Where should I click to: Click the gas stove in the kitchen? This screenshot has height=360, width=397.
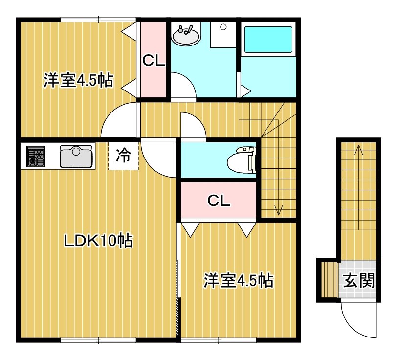pos(36,156)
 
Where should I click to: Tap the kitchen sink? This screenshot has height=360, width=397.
pos(76,157)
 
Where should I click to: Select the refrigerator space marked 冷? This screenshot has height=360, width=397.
pos(124,156)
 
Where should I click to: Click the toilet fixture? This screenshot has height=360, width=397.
pos(242,160)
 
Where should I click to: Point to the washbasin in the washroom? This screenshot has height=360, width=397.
pos(186,35)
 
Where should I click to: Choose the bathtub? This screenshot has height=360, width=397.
pos(268,40)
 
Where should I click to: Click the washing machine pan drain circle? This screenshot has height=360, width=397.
pos(223,27)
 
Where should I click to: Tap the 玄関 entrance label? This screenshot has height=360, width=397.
pos(359,280)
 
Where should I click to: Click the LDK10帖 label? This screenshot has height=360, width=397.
pos(98,241)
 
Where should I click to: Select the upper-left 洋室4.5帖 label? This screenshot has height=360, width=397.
pos(78,80)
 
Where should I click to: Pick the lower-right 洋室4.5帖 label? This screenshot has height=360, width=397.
pos(239,280)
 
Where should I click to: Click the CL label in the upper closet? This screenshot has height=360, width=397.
pos(154,61)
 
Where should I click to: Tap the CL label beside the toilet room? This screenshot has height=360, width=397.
pos(219,201)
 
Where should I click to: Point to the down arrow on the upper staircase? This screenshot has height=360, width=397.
pos(279,167)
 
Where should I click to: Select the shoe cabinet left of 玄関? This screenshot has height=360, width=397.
pos(330,280)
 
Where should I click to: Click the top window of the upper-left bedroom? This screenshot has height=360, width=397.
pos(99,20)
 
